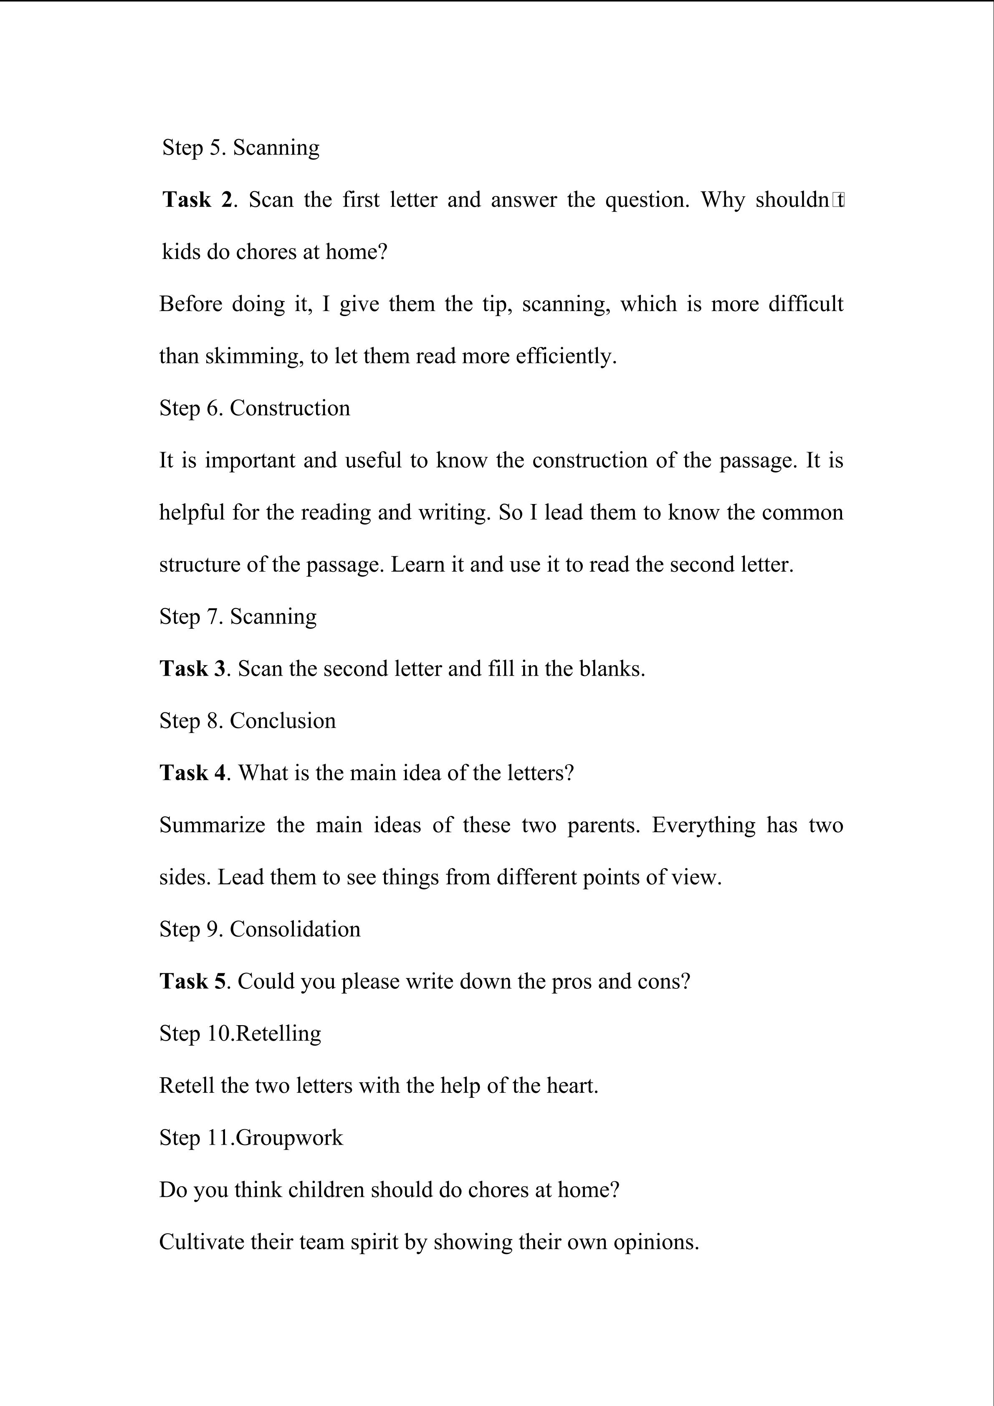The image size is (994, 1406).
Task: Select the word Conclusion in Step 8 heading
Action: (282, 721)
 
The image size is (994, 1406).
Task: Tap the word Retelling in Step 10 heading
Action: (278, 1033)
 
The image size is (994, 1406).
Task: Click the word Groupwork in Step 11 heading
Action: (289, 1137)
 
